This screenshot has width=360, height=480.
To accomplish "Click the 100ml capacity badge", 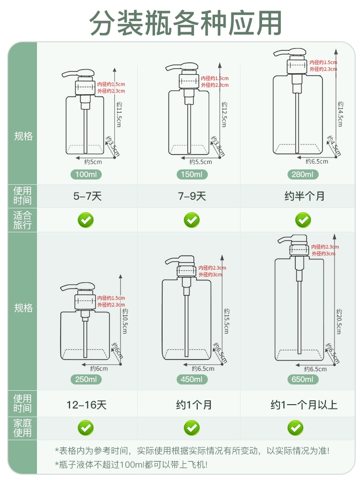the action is click(86, 175).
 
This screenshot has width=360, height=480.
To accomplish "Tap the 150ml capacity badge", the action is click(192, 175).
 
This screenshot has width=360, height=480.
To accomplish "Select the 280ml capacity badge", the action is click(303, 175).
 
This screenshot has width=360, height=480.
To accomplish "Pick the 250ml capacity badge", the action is click(86, 379).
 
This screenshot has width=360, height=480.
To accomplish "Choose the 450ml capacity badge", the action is click(192, 379).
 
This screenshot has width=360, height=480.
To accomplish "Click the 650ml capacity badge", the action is click(303, 379).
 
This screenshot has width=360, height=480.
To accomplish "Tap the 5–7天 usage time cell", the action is click(87, 196).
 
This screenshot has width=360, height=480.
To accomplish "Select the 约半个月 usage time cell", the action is click(304, 196).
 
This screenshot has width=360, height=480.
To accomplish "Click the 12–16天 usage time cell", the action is click(86, 405).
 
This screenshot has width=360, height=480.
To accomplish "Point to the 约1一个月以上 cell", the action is click(304, 405).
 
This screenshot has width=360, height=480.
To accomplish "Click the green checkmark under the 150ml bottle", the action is click(192, 220).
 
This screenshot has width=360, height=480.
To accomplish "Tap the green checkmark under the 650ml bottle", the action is click(295, 428).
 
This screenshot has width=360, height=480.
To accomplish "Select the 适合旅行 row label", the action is click(23, 220).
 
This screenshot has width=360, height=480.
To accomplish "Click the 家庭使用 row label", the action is click(23, 428).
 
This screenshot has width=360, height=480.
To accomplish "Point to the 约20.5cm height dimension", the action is click(339, 322).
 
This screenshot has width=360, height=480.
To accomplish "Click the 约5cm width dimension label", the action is click(93, 162).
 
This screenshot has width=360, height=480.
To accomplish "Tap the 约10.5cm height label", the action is click(125, 321).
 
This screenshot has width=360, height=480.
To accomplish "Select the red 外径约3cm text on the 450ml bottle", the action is click(210, 275).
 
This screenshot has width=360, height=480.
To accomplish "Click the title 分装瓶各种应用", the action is click(185, 23).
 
